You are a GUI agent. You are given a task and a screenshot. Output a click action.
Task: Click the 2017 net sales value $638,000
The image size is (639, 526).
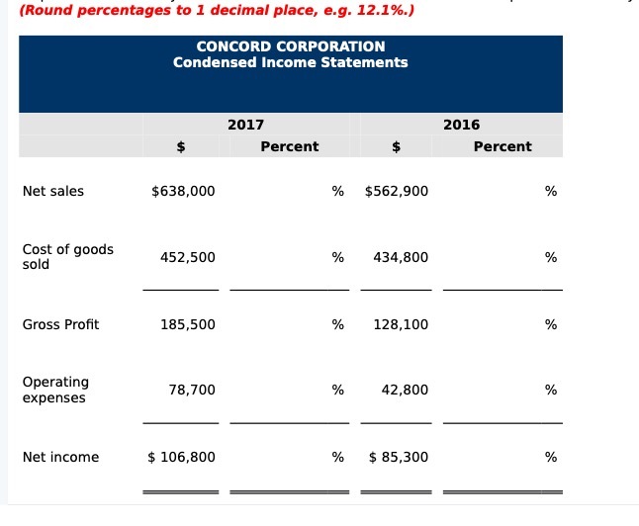(183, 192)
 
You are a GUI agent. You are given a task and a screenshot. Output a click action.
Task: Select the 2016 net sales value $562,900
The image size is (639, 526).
(397, 192)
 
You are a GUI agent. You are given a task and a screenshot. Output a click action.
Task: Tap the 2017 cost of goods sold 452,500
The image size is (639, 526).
(187, 257)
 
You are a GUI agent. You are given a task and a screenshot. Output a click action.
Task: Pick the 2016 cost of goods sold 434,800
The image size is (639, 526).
(401, 257)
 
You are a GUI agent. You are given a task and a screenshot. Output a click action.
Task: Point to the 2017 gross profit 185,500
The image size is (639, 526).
(187, 324)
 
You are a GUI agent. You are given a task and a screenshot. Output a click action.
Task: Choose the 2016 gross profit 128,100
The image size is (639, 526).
(401, 324)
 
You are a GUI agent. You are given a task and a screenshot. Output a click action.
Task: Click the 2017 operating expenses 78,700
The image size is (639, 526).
(192, 391)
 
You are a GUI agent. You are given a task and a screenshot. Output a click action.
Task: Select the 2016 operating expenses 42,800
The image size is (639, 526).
(405, 391)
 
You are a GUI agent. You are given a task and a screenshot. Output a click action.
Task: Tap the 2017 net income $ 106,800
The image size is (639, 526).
(181, 457)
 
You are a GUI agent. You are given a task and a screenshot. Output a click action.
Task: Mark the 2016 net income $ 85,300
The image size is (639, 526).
(399, 457)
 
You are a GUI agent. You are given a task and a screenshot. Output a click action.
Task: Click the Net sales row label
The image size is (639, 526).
(52, 192)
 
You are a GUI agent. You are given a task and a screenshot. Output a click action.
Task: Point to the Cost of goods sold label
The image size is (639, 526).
(67, 257)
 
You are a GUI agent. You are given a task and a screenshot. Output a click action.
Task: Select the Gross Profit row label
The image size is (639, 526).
(60, 324)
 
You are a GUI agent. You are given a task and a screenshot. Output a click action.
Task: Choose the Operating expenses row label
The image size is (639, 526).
(55, 390)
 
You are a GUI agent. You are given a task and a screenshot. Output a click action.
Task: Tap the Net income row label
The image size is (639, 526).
(60, 457)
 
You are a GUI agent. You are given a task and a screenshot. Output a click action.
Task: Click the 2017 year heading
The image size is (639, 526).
(245, 125)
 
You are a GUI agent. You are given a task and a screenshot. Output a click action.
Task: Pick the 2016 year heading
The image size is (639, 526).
(461, 125)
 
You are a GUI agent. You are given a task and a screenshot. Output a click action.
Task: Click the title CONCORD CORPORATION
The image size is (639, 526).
(291, 46)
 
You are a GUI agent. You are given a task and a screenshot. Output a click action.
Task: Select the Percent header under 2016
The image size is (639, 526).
(502, 146)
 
